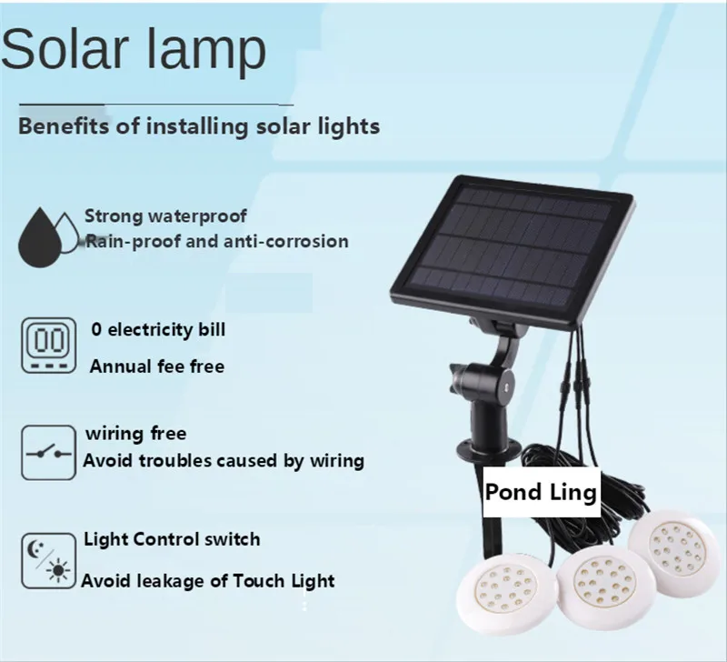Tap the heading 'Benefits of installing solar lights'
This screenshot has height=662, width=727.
[x=199, y=125]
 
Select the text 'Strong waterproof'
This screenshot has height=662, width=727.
[x=165, y=216]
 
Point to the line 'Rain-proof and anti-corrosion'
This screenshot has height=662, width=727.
[x=216, y=241]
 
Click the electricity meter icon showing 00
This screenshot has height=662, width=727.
[x=47, y=346]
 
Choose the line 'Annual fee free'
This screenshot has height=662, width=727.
[x=156, y=366]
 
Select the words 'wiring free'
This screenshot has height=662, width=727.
[x=135, y=434]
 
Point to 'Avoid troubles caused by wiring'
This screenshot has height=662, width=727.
[x=224, y=460]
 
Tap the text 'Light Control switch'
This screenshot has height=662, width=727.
[x=172, y=538]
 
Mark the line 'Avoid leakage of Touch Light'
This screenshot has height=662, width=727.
[x=208, y=579]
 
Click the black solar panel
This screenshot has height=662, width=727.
[x=511, y=249]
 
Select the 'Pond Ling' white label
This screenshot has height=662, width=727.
[x=541, y=493]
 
